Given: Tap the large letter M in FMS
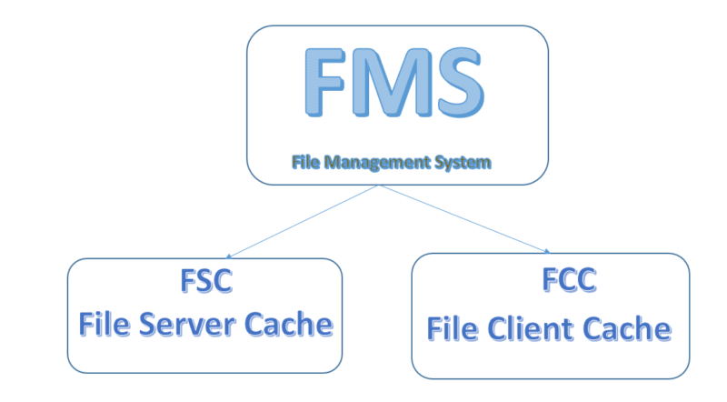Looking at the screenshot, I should [x=392, y=84].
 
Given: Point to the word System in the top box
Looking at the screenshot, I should [x=466, y=164].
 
